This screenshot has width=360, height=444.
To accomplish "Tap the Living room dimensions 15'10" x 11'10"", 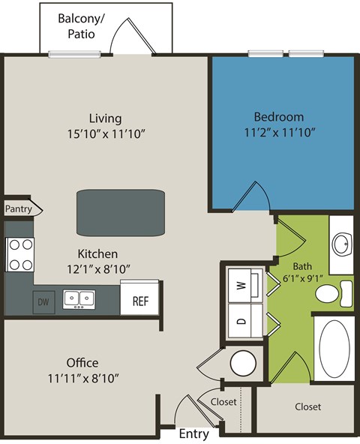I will (x=105, y=133).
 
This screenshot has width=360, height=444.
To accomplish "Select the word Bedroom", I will (x=278, y=117).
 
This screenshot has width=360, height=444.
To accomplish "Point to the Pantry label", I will (x=18, y=209).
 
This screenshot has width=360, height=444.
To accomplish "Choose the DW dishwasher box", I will (x=43, y=301).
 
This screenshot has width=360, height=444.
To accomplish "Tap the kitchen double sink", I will (x=79, y=299).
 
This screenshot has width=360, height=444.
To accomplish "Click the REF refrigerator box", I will (x=140, y=300).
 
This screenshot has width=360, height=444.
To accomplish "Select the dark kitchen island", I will (x=120, y=213).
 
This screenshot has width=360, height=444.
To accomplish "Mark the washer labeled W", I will (x=241, y=284).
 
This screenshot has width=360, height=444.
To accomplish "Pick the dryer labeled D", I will (x=241, y=321).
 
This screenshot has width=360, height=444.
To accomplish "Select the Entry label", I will (x=193, y=433).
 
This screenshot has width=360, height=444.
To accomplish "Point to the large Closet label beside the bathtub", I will (x=307, y=407).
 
